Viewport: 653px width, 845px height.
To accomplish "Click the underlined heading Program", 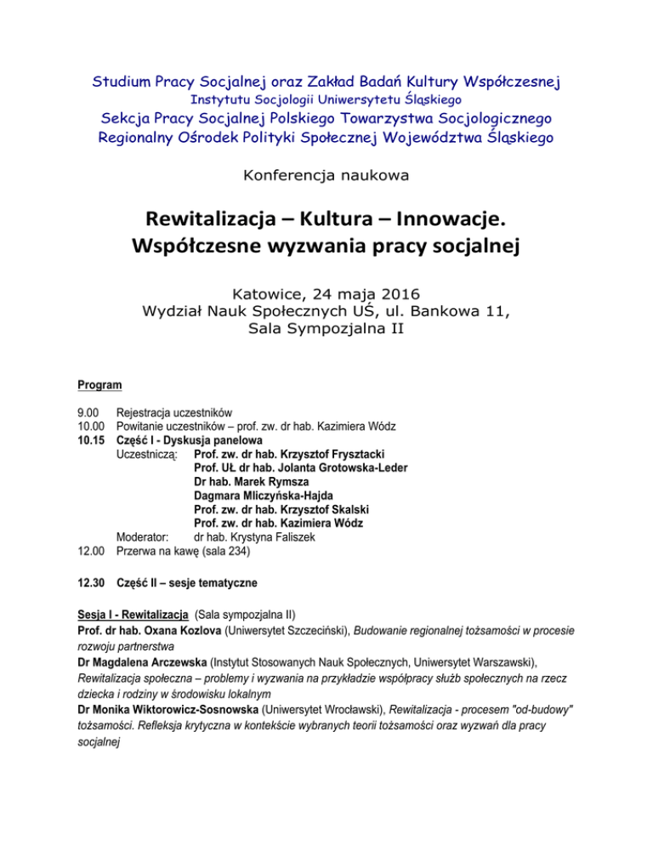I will point(99,386).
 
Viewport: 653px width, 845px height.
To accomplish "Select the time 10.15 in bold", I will point(90,440).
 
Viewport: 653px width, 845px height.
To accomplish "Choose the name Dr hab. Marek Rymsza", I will point(253,481).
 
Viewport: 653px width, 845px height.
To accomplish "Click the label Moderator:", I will point(142,536).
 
